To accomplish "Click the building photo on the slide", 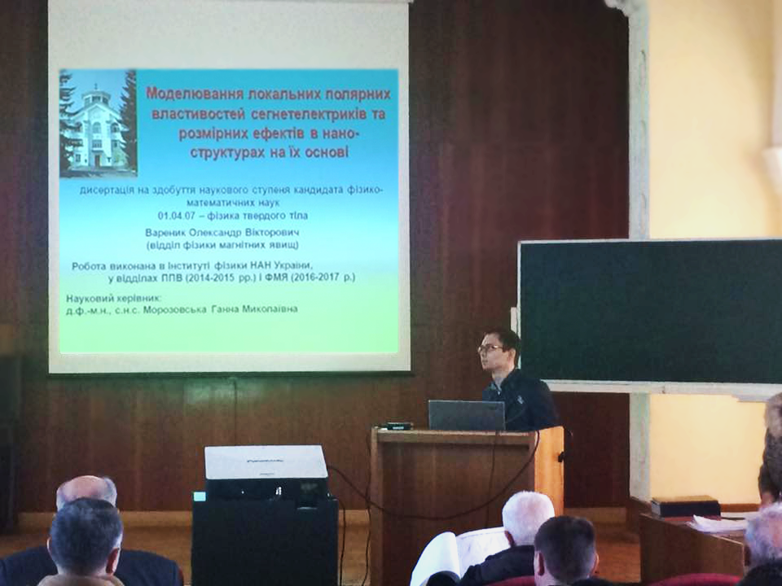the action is coord(98,123).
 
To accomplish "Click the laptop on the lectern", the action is coord(466,415).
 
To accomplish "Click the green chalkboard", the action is coord(650,311).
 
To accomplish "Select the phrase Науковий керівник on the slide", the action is coord(114,299).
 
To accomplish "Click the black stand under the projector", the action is coord(265,540).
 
